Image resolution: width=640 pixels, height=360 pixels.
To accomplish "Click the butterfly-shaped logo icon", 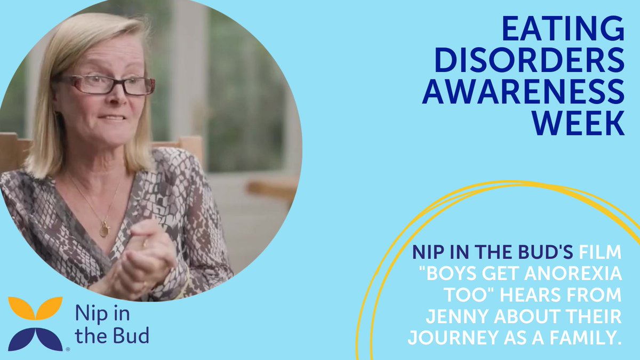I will coord(35,323).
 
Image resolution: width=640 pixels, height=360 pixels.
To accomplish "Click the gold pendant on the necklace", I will coord(104,230).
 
